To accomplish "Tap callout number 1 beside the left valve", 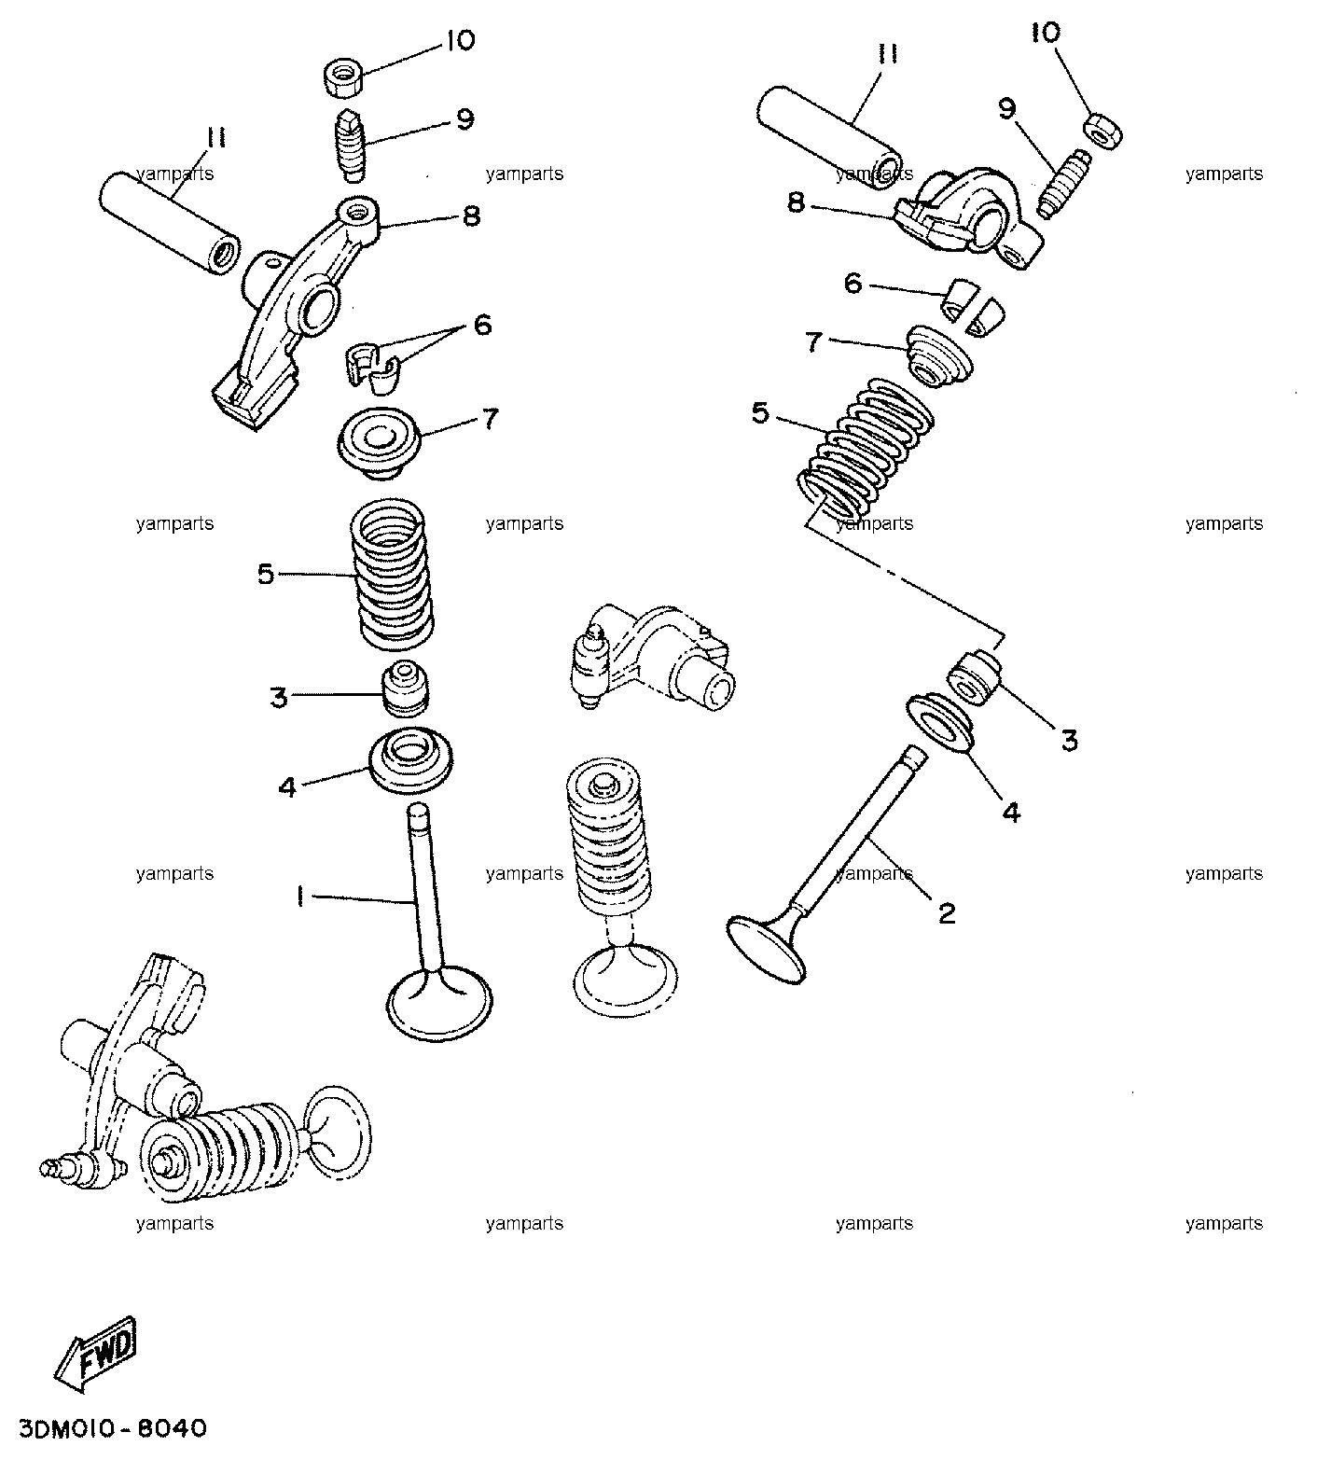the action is [299, 897].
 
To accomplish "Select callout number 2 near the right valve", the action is [947, 913].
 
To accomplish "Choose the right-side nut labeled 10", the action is [1103, 132].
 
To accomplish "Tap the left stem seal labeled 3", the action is [405, 690].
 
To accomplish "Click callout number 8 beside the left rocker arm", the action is [471, 216].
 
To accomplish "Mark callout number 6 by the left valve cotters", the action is [481, 326].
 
